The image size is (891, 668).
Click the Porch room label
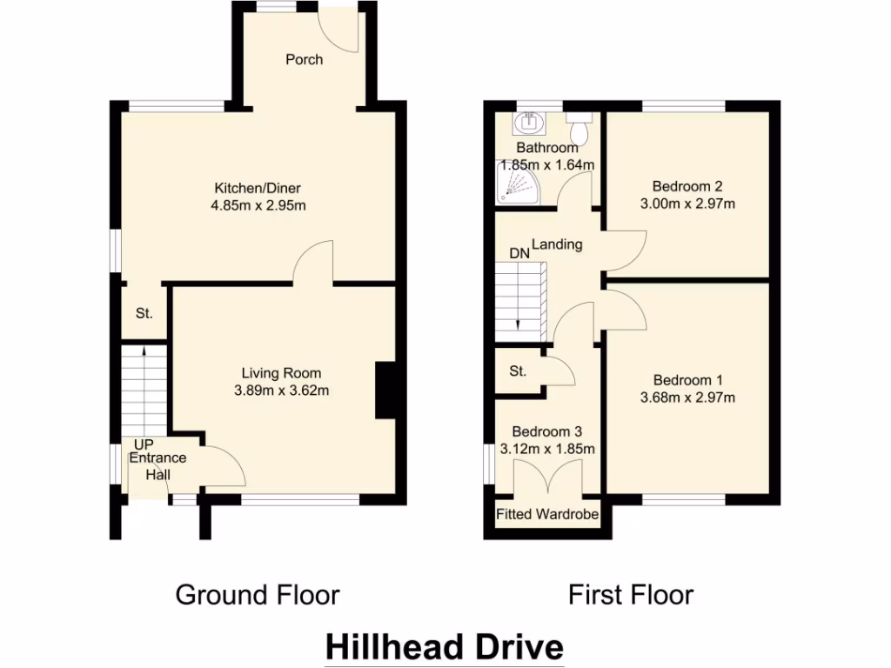point(304,60)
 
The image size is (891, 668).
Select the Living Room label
point(281,374)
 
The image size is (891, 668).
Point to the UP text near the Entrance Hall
point(143,444)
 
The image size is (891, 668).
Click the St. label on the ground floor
point(144,313)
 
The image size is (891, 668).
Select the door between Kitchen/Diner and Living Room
point(314,265)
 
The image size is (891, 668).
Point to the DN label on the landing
point(519,253)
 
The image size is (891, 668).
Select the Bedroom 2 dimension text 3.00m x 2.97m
point(687,204)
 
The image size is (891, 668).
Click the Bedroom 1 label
point(687,380)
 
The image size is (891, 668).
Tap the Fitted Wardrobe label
point(547,515)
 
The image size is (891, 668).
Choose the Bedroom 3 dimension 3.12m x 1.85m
point(547,450)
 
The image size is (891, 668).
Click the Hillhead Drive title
point(445,648)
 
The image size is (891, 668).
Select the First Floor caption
point(631,595)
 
